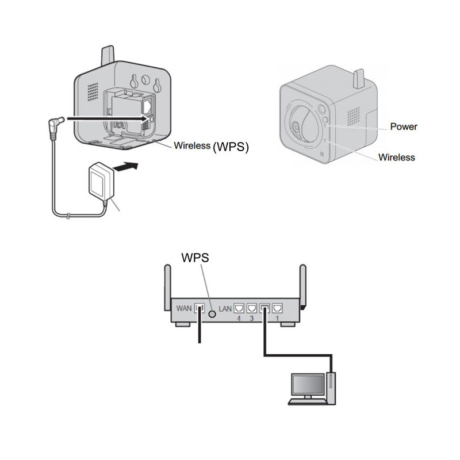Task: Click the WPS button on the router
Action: tap(212, 314)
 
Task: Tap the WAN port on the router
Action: tap(200, 309)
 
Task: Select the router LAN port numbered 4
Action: tap(239, 308)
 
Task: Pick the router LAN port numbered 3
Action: tap(252, 308)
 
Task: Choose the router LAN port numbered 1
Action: tap(277, 308)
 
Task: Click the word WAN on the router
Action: tap(184, 308)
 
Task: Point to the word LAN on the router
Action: tap(225, 309)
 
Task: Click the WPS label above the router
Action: tap(195, 258)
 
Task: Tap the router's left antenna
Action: tap(167, 287)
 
